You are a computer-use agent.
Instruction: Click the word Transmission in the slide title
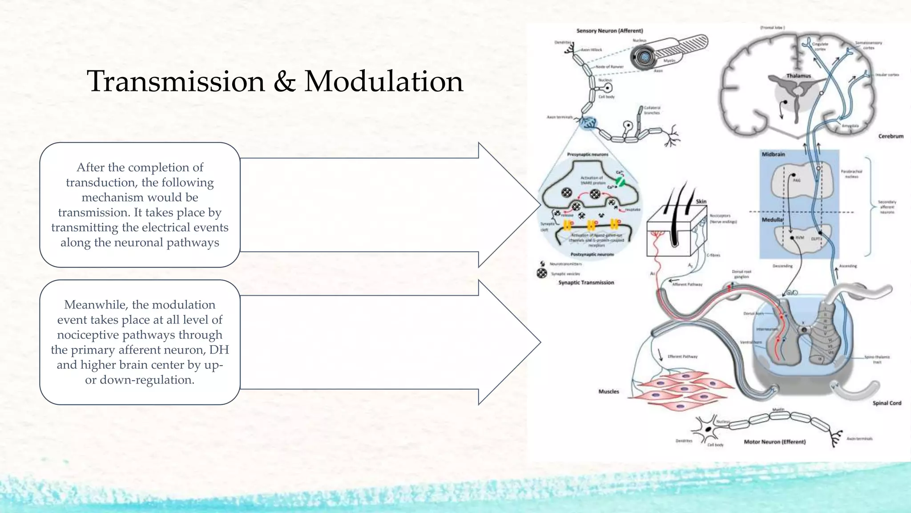pos(176,81)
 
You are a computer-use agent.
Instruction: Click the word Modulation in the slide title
pos(383,81)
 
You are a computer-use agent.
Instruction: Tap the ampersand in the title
pos(284,82)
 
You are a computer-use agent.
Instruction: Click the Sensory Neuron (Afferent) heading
pos(609,31)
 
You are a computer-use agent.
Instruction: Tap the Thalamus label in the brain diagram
pos(798,76)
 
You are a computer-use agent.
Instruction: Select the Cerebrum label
pos(891,136)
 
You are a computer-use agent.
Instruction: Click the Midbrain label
pos(773,154)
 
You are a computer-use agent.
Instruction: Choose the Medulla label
pos(772,220)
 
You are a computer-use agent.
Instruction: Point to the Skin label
pos(701,201)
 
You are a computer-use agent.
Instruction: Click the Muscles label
pos(609,391)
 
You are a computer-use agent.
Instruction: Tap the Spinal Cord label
pos(887,403)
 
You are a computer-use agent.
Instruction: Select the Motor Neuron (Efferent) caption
pos(774,442)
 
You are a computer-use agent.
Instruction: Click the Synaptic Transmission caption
pos(586,282)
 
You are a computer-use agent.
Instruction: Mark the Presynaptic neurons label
pos(587,155)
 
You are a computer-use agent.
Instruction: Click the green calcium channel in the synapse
pos(620,181)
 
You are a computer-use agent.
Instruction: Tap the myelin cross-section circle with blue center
pos(645,57)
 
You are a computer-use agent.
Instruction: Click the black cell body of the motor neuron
pos(708,429)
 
